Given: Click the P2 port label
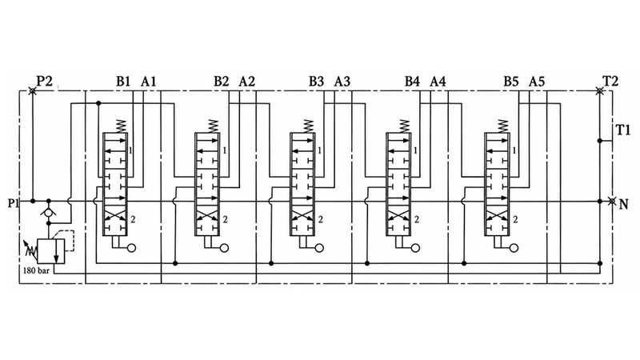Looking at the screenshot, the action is click(x=45, y=81).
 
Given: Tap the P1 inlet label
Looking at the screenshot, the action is click(x=14, y=203).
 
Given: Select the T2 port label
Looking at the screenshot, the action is click(x=610, y=81).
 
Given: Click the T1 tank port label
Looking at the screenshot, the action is click(x=623, y=130).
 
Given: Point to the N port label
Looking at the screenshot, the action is click(x=624, y=204).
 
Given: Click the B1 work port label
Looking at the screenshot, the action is click(x=123, y=82).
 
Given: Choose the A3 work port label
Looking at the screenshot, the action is click(x=342, y=82).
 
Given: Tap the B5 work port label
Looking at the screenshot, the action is click(x=510, y=82).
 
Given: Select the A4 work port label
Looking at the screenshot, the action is click(x=438, y=82).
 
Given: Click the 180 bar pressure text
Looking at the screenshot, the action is click(x=36, y=270).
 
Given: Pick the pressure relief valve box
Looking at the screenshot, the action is click(x=51, y=251).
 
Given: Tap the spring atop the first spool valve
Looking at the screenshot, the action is click(x=121, y=126).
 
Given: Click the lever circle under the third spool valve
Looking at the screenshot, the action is click(x=319, y=248).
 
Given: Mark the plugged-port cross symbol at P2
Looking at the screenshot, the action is click(x=32, y=90).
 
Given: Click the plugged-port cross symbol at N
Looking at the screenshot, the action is click(x=611, y=201).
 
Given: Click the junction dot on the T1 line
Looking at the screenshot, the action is click(x=599, y=141).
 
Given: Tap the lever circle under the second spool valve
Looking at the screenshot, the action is click(x=224, y=248).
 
